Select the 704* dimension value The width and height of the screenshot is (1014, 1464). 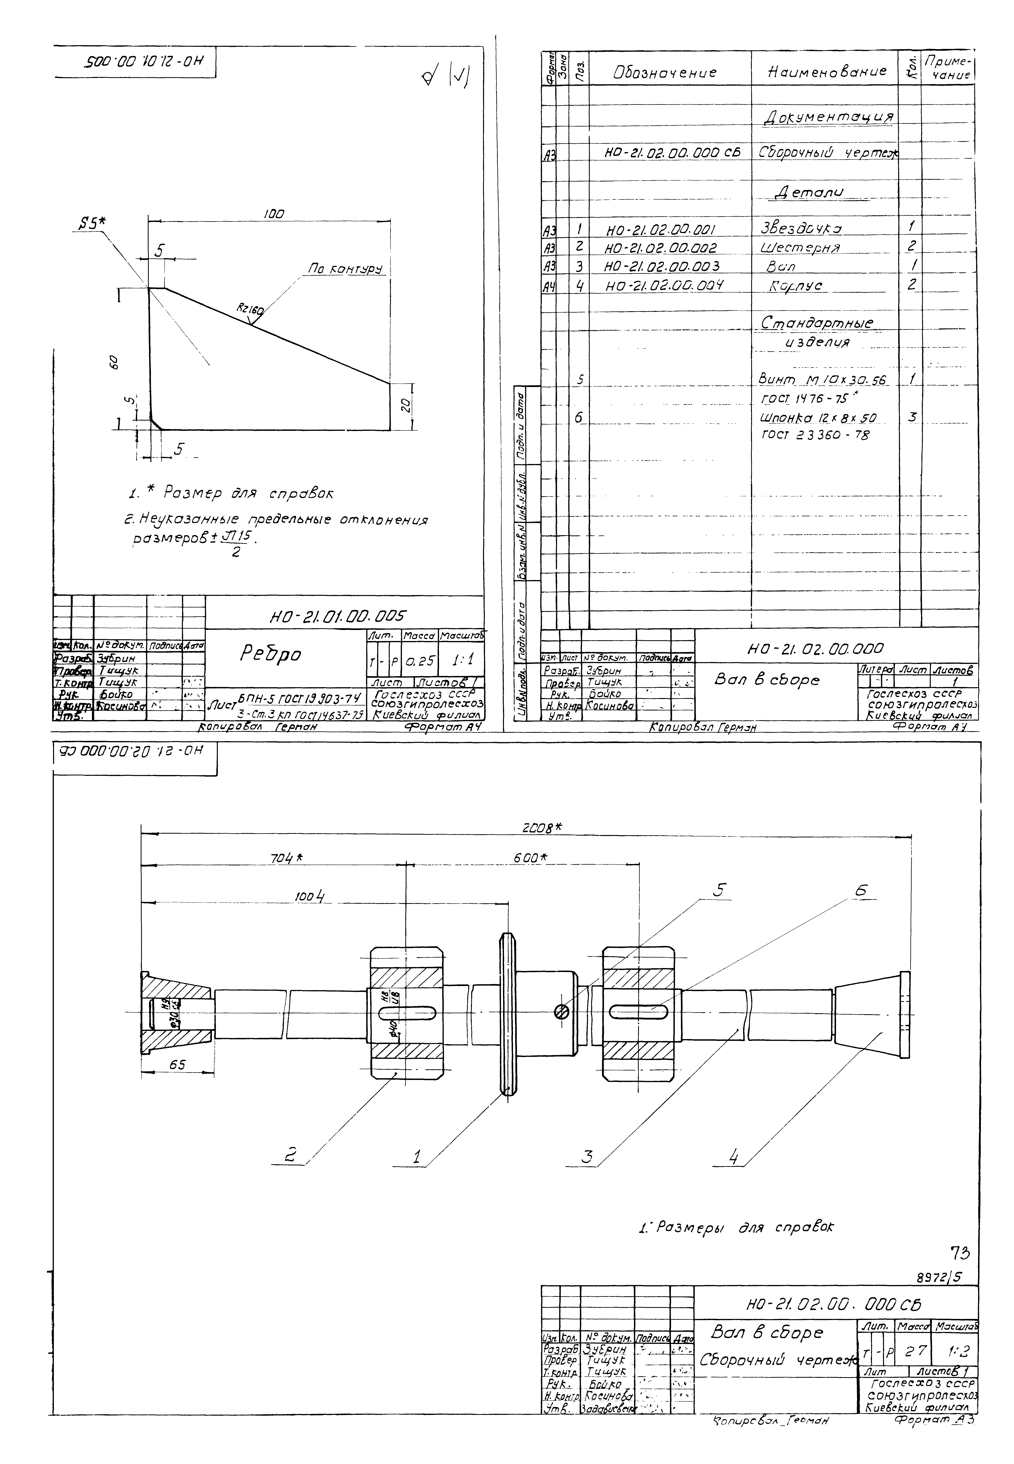click(x=285, y=858)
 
